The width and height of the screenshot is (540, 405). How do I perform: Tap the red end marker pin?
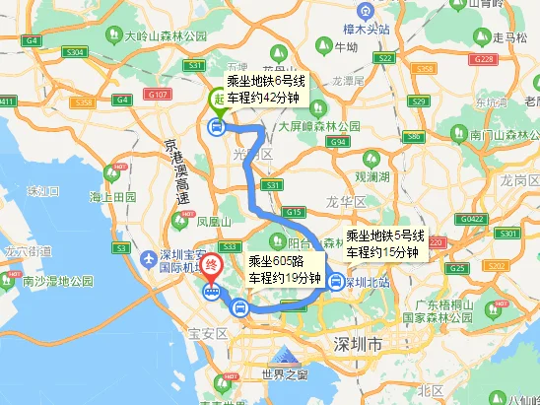click(212, 266)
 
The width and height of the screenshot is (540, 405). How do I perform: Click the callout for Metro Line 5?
click(385, 244)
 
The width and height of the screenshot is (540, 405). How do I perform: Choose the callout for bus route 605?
click(285, 269)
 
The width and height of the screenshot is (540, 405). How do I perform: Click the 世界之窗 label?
click(278, 373)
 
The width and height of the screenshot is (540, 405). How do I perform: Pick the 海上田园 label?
click(112, 197)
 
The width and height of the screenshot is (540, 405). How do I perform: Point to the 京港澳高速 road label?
click(178, 170)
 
